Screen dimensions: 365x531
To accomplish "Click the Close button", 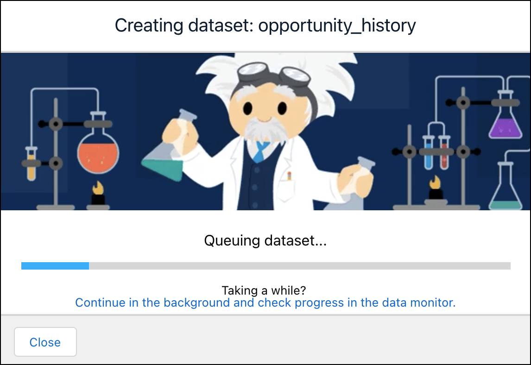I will [x=45, y=342].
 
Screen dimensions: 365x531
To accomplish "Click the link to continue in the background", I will [x=265, y=303].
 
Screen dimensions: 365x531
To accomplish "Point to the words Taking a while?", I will [x=264, y=290].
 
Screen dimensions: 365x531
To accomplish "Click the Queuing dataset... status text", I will [x=265, y=241].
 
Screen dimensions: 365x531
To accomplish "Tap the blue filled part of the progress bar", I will [x=55, y=266].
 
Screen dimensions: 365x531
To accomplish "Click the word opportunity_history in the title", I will [x=337, y=25].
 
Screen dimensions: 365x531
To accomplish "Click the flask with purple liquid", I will [x=505, y=125].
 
